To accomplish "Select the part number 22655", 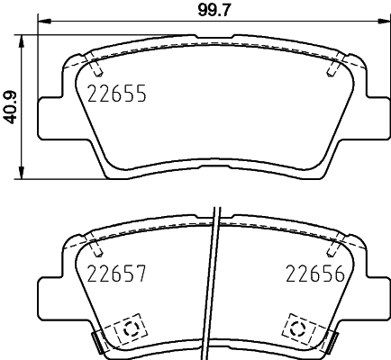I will pos(116,92).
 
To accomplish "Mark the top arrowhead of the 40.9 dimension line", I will pos(22,39).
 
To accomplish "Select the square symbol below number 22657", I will pos(127,327).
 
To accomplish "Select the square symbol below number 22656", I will pos(296,327).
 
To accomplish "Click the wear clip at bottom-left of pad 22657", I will pos(98,340).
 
